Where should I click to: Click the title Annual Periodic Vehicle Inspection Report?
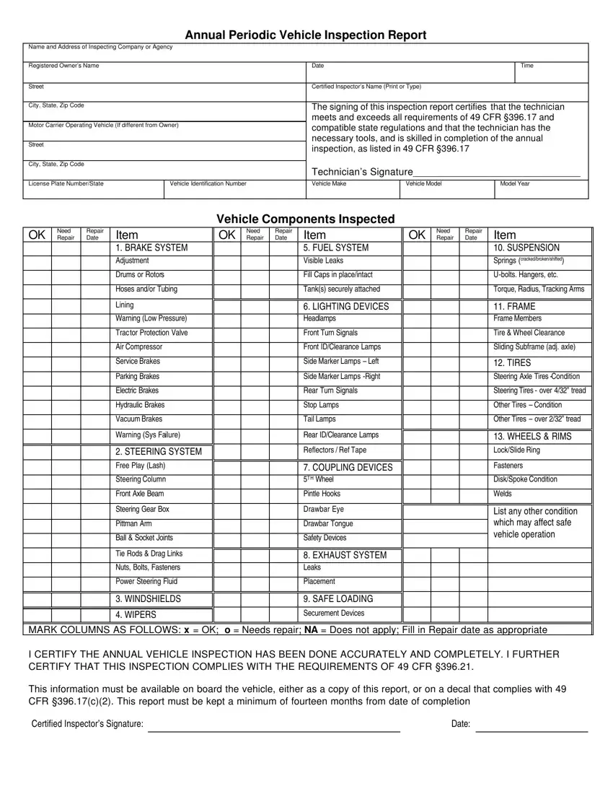[x=306, y=35]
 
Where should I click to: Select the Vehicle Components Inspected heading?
[x=306, y=219]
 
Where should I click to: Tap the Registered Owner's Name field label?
[x=63, y=66]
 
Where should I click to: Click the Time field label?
[x=527, y=66]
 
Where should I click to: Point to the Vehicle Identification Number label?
[x=208, y=184]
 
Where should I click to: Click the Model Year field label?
[x=515, y=184]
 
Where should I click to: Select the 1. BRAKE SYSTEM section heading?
[x=151, y=248]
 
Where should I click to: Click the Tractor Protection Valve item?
[x=151, y=333]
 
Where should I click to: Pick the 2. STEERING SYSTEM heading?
[x=159, y=452]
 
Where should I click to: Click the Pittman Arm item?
[x=133, y=523]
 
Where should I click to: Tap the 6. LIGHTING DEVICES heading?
[x=346, y=307]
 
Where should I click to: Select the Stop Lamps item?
[x=321, y=405]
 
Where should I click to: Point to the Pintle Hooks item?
[x=322, y=494]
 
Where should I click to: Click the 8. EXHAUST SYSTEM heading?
[x=345, y=555]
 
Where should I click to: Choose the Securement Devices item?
[x=334, y=614]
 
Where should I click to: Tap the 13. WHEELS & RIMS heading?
[x=532, y=437]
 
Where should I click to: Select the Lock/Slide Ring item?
[x=516, y=450]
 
